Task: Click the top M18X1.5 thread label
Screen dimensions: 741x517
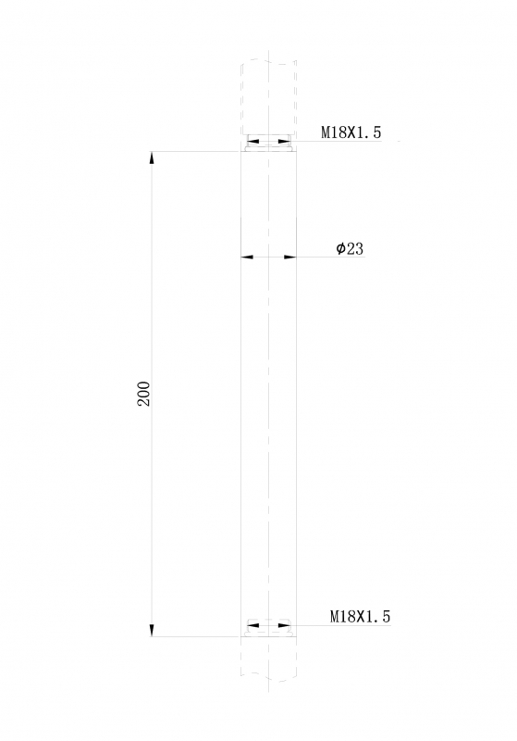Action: coord(351,132)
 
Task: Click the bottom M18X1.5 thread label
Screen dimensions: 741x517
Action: coord(360,616)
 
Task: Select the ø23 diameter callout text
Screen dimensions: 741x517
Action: coord(349,248)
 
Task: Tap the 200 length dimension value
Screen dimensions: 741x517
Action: coord(143,394)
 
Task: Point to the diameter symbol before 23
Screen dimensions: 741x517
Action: coord(339,248)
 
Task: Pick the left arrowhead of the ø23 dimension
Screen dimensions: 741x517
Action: coord(247,257)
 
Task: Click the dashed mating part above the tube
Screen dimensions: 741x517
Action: coord(268,93)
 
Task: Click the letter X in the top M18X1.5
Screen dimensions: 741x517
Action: coord(352,132)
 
